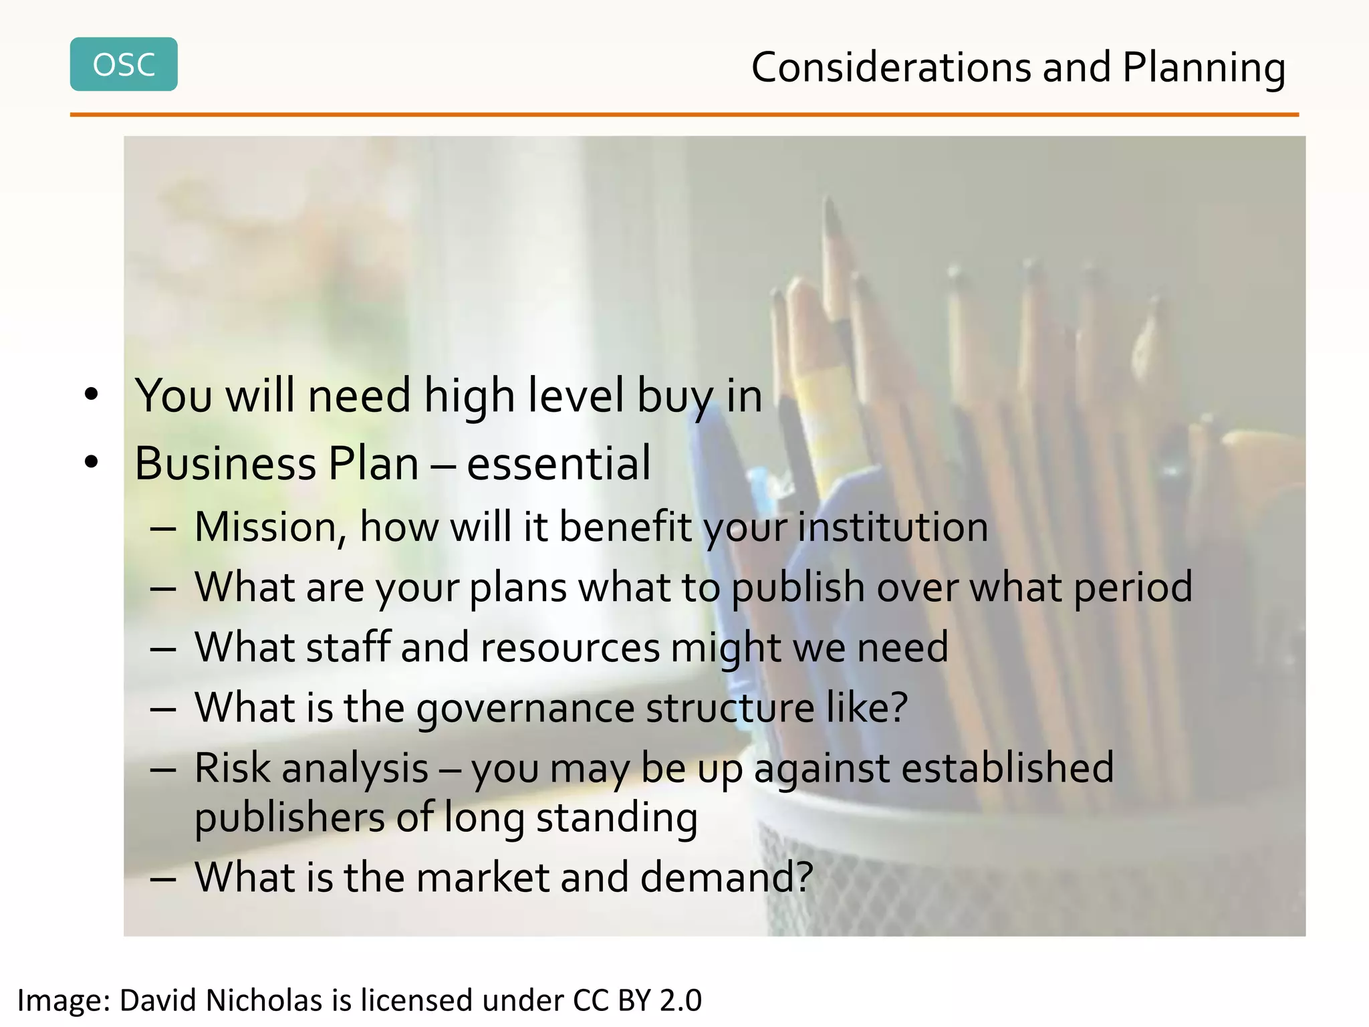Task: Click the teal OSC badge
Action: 124,64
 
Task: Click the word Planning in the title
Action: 1203,69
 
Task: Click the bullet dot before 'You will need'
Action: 92,394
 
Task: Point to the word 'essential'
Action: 558,463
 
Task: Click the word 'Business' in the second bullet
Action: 225,463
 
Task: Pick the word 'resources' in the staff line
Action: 570,647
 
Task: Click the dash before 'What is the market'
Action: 163,879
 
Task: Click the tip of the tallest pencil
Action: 830,201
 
